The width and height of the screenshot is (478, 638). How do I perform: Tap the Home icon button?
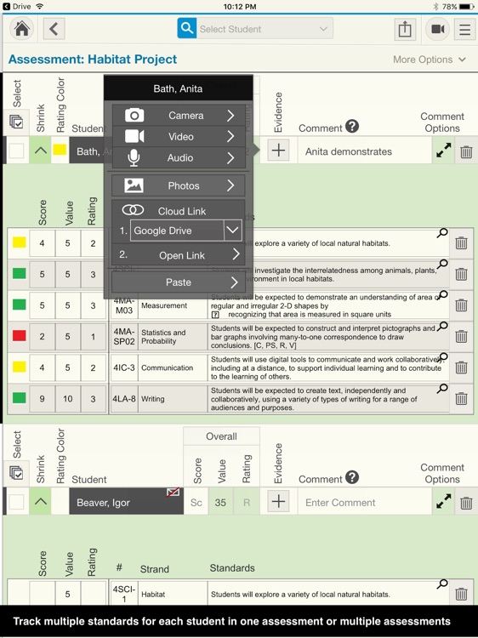[x=22, y=29]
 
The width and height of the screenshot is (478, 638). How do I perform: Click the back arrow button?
[x=54, y=29]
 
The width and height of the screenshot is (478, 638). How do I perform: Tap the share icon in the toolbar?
[x=405, y=29]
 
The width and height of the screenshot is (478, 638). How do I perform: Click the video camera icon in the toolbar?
[x=437, y=29]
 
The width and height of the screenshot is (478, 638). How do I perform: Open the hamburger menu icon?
[x=464, y=29]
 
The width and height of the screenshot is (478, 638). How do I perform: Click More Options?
[x=430, y=60]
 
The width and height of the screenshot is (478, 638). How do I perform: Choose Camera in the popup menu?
[x=179, y=116]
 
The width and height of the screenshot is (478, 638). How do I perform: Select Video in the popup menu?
[x=179, y=137]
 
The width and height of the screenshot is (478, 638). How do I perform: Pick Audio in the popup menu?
[x=179, y=158]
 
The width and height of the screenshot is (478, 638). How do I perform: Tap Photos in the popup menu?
[x=179, y=185]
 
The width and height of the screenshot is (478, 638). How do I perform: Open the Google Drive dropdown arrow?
[x=233, y=231]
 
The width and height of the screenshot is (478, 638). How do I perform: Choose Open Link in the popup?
[x=179, y=255]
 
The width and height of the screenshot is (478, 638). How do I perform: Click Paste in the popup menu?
[x=179, y=282]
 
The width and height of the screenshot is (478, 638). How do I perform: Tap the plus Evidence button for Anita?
[x=278, y=151]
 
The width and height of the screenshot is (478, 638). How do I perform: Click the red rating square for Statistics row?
[x=19, y=336]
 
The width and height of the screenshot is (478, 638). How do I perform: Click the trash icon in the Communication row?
[x=461, y=367]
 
